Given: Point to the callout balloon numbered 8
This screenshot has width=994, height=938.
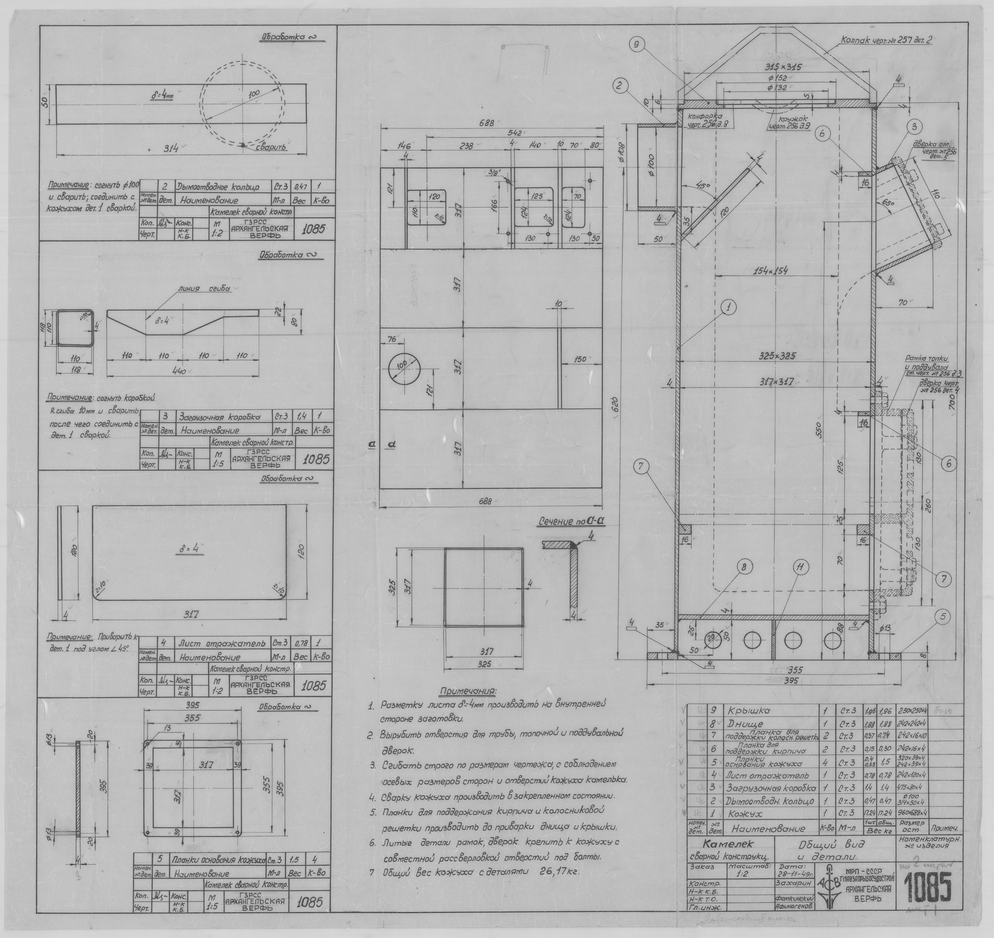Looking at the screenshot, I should point(744,568).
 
